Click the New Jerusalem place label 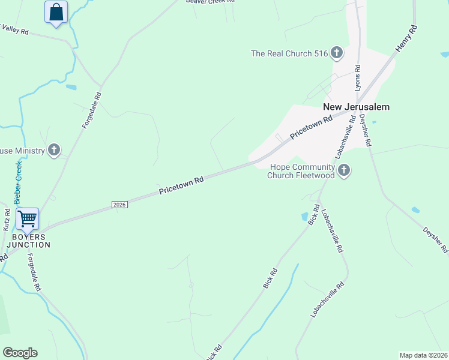356,107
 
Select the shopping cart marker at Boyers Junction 28,219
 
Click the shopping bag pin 56,12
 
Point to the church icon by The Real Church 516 336,53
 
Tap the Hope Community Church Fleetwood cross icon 344,172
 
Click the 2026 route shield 119,205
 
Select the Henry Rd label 406,38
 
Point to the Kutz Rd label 7,220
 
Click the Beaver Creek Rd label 210,2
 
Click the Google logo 20,353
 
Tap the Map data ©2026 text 423,355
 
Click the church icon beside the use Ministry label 54,150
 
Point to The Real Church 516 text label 289,53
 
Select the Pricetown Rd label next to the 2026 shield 181,184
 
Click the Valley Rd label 14,29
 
